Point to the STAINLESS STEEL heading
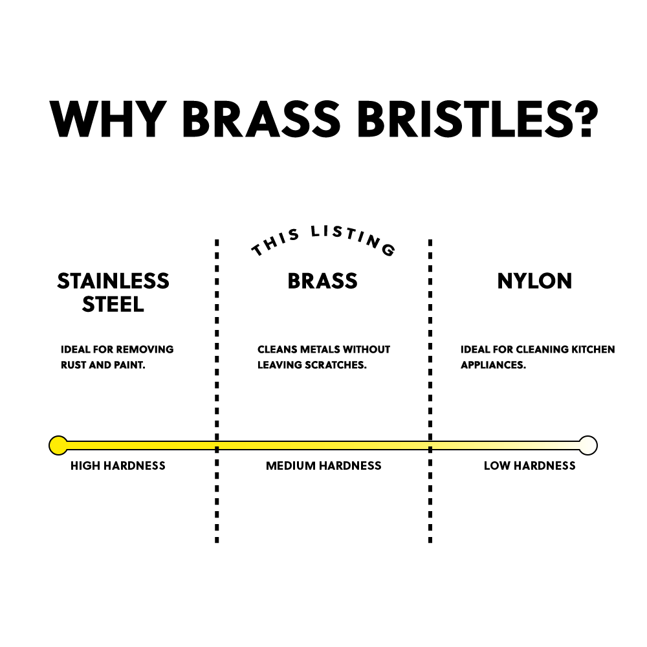pos(113,292)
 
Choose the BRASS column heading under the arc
pos(323,281)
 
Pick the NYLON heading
pos(534,281)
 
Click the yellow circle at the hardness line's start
pos(58,445)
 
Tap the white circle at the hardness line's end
pos(588,445)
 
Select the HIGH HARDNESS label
pos(118,466)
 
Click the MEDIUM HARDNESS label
pos(323,466)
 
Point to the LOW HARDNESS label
pos(529,466)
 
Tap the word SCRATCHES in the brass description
pos(338,365)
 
